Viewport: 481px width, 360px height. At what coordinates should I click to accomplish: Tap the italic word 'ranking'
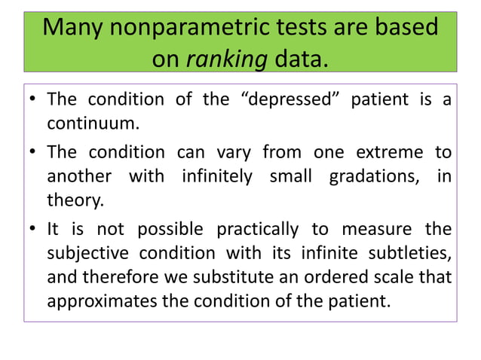pyautogui.click(x=226, y=59)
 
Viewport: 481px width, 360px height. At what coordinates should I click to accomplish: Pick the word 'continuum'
pyautogui.click(x=94, y=121)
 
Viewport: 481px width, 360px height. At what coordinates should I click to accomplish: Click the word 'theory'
pyautogui.click(x=74, y=200)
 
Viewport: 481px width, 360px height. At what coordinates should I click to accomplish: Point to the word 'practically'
pyautogui.click(x=256, y=229)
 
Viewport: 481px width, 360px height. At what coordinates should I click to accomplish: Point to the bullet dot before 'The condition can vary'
pyautogui.click(x=32, y=153)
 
